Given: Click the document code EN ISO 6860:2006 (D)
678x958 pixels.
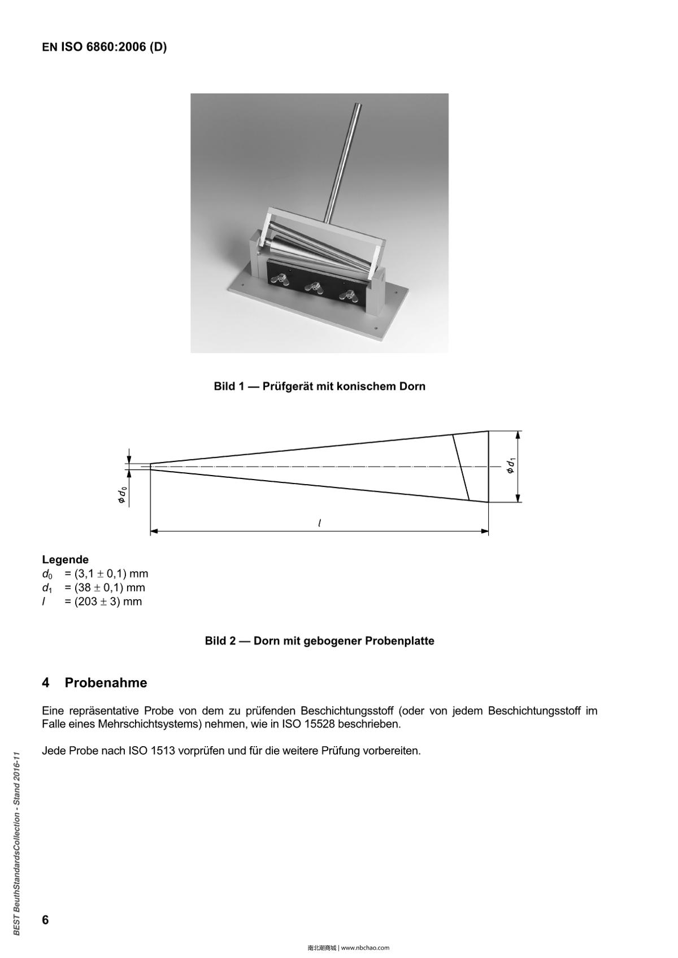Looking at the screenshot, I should click(104, 47).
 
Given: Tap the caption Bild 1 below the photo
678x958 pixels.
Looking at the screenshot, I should click(319, 386).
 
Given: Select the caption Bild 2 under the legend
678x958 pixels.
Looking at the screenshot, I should click(319, 641).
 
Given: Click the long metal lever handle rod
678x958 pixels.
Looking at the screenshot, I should click(342, 164).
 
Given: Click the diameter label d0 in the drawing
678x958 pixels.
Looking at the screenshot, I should click(121, 497).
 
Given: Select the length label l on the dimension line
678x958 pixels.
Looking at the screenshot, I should click(320, 523).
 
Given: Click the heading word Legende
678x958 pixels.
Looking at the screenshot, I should click(65, 560).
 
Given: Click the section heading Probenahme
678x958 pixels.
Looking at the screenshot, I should click(106, 683).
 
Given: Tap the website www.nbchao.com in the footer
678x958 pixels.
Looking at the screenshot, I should click(366, 948).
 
